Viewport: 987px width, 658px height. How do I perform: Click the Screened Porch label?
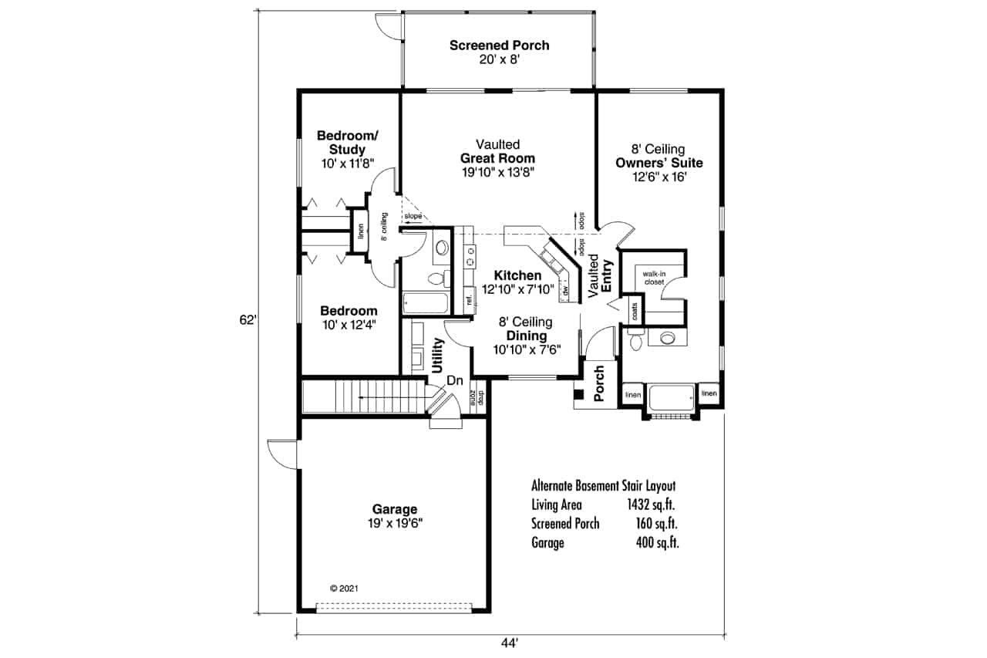499,46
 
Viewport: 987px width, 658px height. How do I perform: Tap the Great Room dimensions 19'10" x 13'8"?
497,171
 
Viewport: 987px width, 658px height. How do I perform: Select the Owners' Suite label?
659,163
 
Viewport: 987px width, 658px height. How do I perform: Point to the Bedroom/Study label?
347,143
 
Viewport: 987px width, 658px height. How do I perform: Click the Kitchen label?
517,275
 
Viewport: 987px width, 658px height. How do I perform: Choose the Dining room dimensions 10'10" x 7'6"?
527,349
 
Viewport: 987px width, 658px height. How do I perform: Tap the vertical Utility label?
438,356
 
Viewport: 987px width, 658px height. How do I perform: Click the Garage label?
394,509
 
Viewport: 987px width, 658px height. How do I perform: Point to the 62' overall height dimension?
248,320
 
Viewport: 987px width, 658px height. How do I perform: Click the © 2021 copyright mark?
344,588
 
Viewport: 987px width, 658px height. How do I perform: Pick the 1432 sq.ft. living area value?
652,505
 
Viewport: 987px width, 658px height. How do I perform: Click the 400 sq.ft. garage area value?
657,542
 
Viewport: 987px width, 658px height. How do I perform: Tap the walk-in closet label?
649,278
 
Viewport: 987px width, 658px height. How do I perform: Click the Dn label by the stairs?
454,380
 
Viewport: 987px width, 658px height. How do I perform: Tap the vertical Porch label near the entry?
599,383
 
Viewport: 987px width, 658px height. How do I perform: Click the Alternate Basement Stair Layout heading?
603,486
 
